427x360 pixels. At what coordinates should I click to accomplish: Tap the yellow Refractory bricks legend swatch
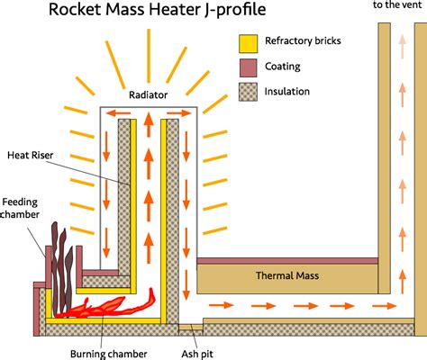(247, 42)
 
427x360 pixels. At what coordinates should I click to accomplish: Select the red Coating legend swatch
(247, 66)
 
